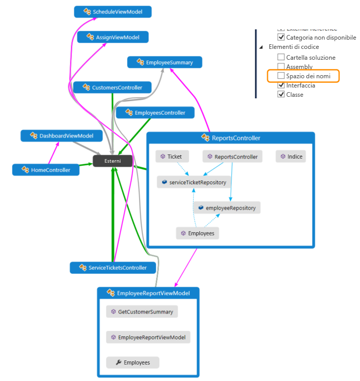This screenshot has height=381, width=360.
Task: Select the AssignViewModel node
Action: coord(113,37)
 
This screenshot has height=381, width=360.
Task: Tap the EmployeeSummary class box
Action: coord(164,62)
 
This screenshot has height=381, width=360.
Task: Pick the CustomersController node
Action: coord(112,88)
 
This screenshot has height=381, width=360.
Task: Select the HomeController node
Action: coord(46,169)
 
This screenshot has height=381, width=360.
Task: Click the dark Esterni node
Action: coord(112,161)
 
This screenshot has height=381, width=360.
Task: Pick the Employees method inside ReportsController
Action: coord(197,234)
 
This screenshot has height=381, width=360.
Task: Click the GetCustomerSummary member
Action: coord(142,312)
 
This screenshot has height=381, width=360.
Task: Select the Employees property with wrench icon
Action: coord(133,362)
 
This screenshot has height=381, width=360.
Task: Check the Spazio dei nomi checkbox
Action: coord(281,76)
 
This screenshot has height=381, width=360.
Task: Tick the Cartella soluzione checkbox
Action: coord(281,58)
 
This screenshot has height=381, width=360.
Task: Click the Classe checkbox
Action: coord(281,95)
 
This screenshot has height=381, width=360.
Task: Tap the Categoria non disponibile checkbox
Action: coord(281,38)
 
